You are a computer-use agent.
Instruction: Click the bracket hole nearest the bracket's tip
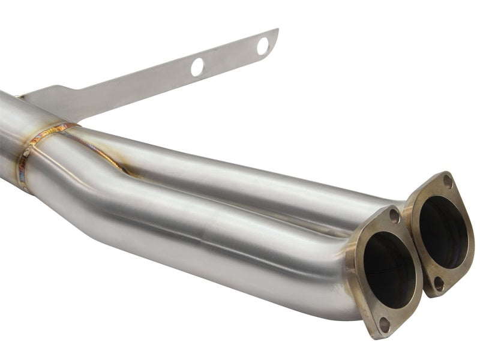tap(262, 46)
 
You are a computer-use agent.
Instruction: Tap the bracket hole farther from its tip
tap(197, 67)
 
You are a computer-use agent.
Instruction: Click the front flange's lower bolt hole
tap(384, 325)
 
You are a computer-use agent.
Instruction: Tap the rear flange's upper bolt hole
tap(447, 180)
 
